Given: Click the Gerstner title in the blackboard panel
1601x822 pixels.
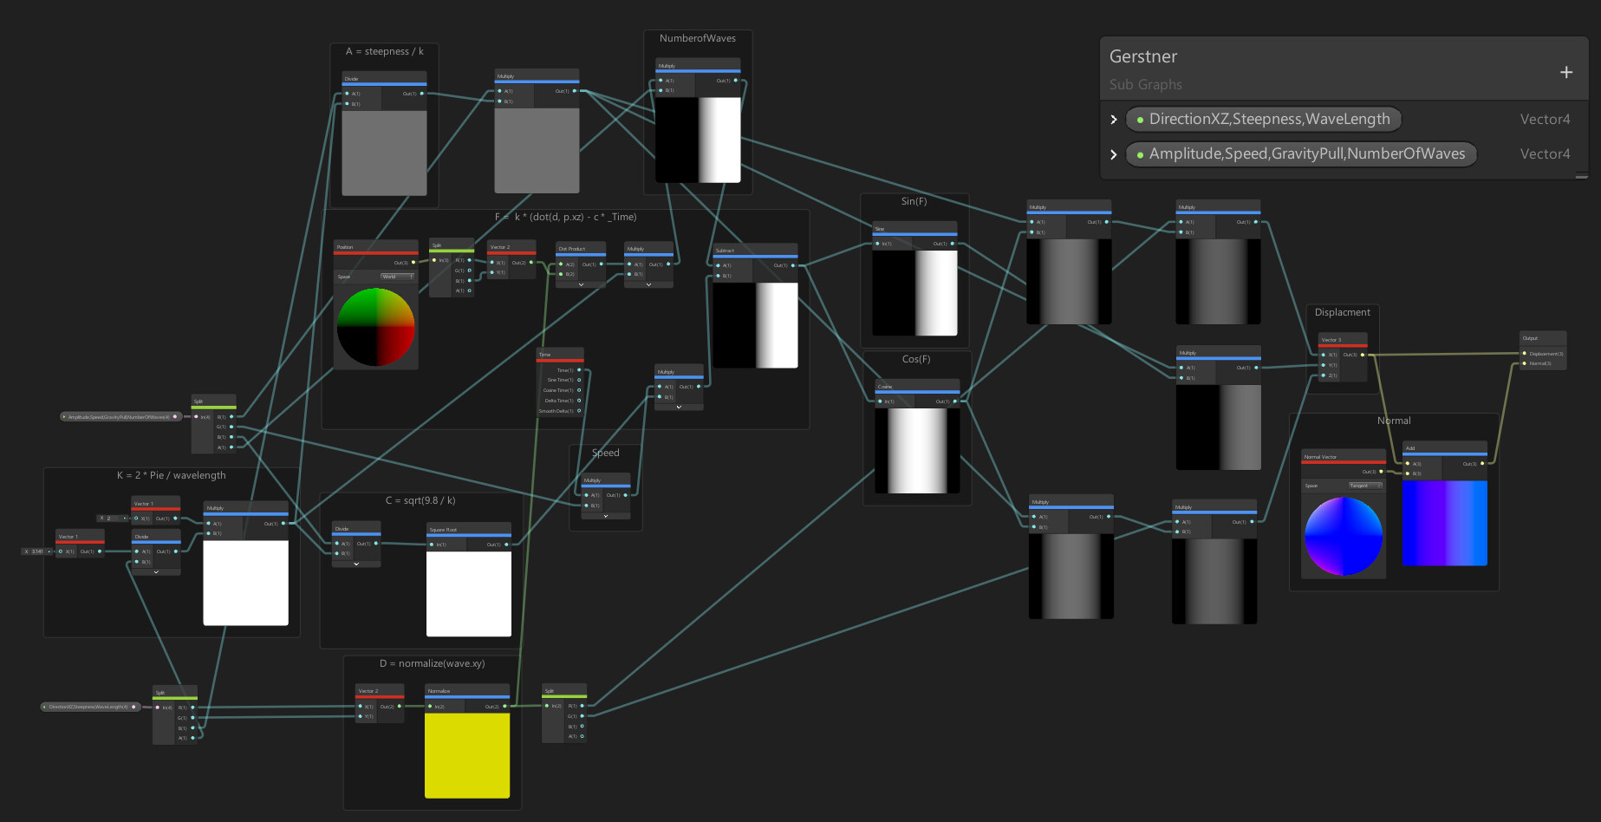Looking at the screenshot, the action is click(1143, 57).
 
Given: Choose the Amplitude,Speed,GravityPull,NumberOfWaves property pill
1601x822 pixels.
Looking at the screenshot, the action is click(1301, 154).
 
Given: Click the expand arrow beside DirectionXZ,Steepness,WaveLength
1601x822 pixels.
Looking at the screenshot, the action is click(1114, 120).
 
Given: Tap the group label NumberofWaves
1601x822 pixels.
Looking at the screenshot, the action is click(697, 39).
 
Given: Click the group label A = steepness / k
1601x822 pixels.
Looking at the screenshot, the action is click(384, 52).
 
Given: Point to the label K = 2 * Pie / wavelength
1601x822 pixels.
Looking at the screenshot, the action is click(171, 476).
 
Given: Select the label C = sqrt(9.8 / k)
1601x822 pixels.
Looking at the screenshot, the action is click(420, 501).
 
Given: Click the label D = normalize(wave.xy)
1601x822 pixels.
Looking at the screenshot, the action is click(432, 664).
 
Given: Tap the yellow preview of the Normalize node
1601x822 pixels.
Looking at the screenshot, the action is click(467, 754).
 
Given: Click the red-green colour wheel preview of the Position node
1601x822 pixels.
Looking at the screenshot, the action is click(375, 327).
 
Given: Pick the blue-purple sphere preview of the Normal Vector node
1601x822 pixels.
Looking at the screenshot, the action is click(1343, 536).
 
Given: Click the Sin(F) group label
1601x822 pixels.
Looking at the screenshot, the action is click(914, 202).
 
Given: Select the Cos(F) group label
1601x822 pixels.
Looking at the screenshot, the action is click(915, 360).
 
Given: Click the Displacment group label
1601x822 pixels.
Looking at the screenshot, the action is click(1342, 313).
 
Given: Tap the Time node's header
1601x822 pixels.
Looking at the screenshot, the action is click(560, 355).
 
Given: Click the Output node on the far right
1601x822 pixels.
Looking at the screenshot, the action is click(1543, 349).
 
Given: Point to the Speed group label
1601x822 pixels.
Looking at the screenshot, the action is click(605, 453).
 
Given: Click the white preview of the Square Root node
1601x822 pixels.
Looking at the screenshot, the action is click(468, 593).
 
